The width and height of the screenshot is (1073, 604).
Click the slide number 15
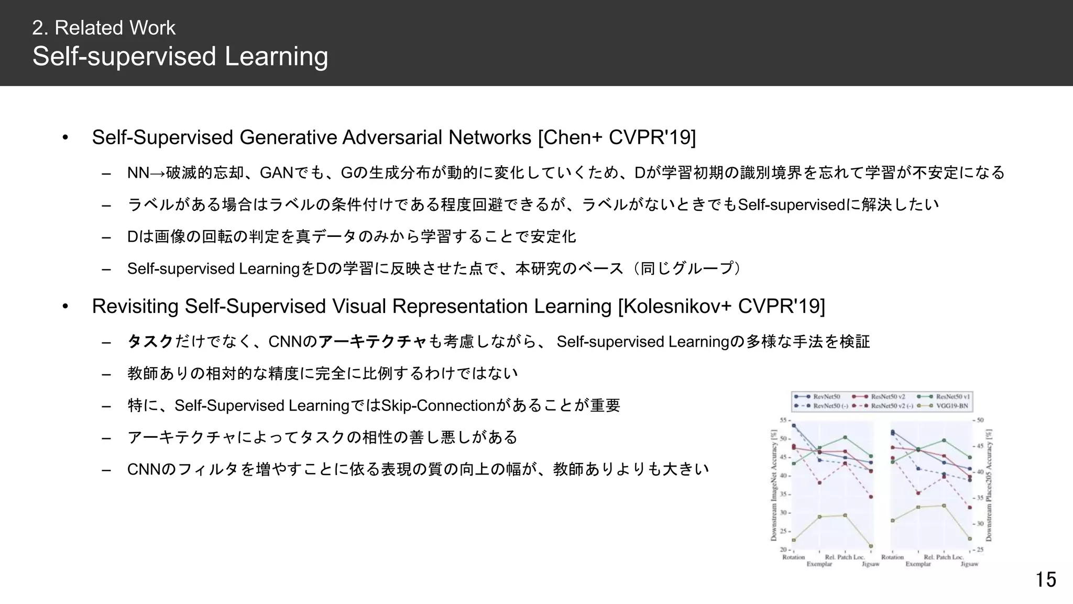point(1045,580)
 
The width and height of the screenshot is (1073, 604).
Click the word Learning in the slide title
point(276,57)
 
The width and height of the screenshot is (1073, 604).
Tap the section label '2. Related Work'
point(104,28)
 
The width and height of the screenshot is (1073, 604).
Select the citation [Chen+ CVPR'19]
point(617,137)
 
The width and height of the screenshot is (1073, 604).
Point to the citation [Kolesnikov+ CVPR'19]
point(721,306)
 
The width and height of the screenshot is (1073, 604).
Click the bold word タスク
point(150,342)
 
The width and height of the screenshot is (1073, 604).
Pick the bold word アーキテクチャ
point(373,342)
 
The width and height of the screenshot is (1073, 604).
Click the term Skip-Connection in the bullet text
point(438,405)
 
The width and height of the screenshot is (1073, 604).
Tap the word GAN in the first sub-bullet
point(276,172)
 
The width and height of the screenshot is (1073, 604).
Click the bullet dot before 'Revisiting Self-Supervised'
point(65,306)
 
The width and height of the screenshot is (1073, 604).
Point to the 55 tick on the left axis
point(783,420)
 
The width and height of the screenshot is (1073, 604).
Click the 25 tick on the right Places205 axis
point(980,549)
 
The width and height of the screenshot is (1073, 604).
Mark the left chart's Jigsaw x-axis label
point(870,564)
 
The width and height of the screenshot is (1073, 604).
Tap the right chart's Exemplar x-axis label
point(918,564)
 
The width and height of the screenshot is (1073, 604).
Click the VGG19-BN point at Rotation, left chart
point(794,540)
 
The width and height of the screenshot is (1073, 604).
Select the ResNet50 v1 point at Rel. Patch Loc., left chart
point(845,437)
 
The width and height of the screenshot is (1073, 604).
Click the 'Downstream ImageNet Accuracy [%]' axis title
point(773,485)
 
